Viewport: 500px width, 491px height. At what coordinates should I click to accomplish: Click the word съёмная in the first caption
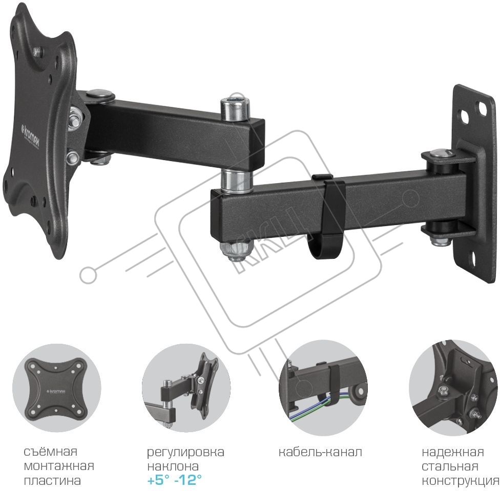coord(51,452)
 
